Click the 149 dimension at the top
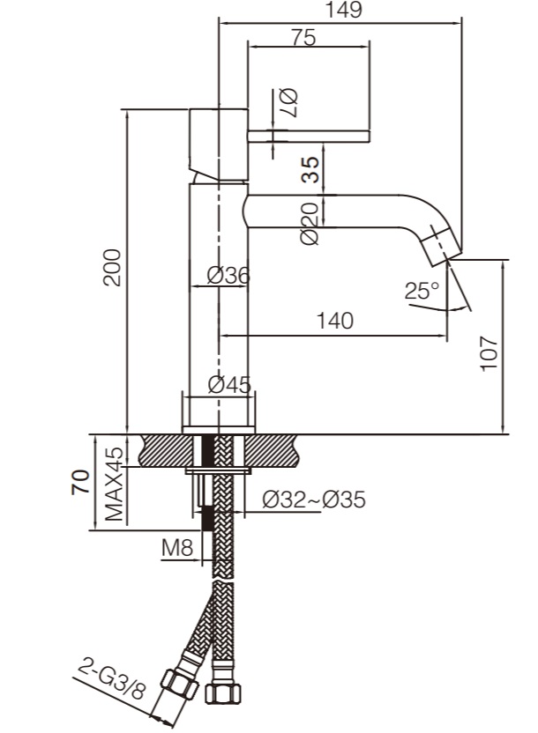point(344,10)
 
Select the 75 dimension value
point(303,37)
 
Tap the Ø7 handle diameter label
point(288,102)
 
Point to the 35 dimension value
point(310,169)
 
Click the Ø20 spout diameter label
point(310,224)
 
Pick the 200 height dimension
point(112,268)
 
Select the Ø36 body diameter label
point(228,276)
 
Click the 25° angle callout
point(422,291)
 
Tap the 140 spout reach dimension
point(335,322)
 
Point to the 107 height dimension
point(489,353)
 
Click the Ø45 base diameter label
point(229,385)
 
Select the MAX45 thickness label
point(114,485)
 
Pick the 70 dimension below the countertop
point(80,482)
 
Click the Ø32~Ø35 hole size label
point(314,500)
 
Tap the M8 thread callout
point(177,548)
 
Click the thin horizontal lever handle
point(309,137)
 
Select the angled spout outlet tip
point(440,246)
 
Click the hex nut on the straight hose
point(223,693)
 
